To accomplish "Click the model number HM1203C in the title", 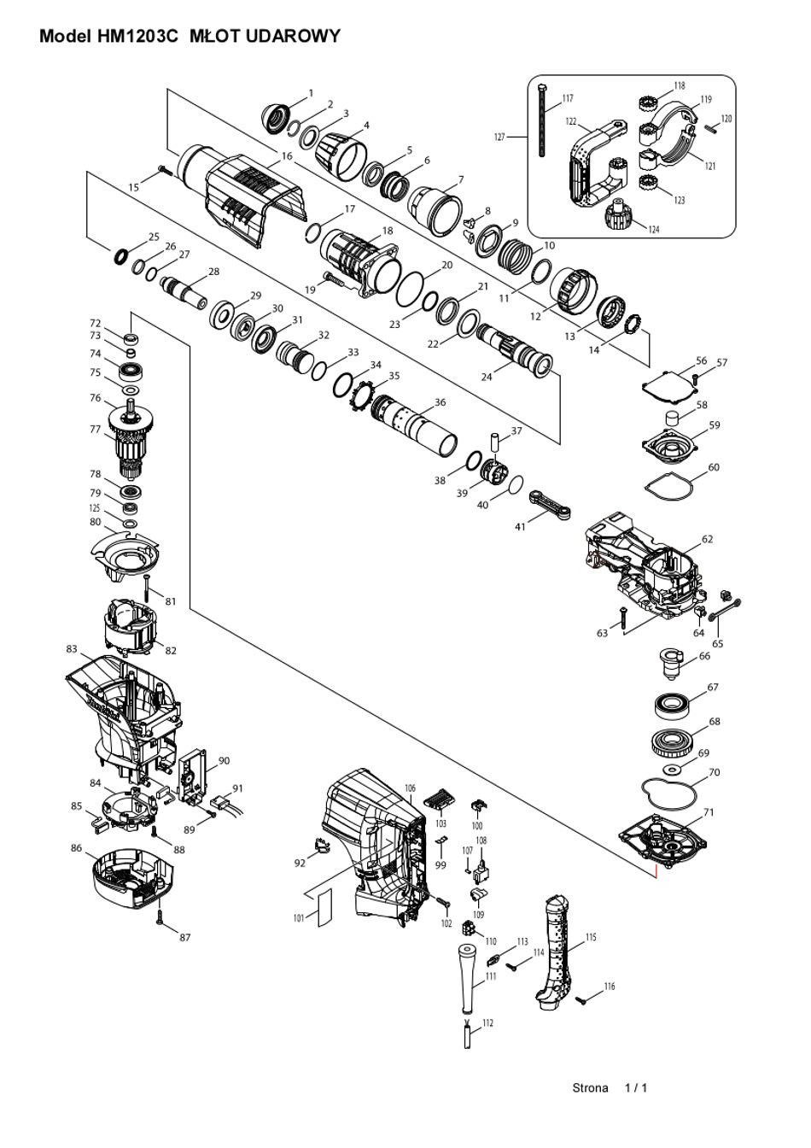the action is click(137, 37).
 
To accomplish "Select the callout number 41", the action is click(520, 526).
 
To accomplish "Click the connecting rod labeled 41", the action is click(550, 506).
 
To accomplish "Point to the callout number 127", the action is click(499, 137).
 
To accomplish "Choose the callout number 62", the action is click(707, 539).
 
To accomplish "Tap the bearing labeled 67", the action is click(674, 706).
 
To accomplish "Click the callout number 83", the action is click(71, 649).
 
